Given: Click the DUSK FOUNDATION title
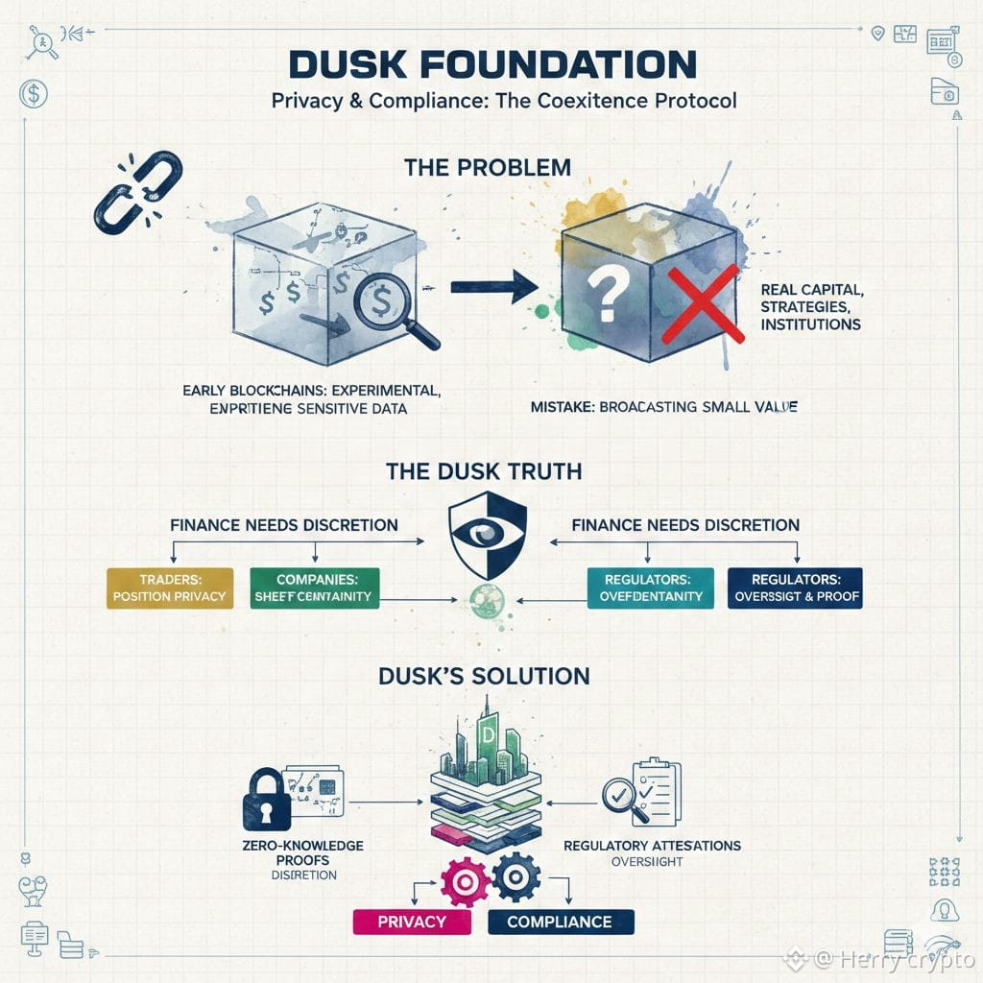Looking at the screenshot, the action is pyautogui.click(x=492, y=65).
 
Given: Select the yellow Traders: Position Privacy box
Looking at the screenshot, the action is pyautogui.click(x=169, y=587).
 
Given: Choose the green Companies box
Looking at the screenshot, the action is pyautogui.click(x=315, y=587).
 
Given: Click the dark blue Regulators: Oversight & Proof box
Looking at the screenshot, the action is pyautogui.click(x=794, y=587).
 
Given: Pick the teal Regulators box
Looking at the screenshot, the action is pyautogui.click(x=651, y=587).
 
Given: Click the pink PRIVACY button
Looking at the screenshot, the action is pyautogui.click(x=412, y=922).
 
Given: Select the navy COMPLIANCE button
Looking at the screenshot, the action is pyautogui.click(x=560, y=922).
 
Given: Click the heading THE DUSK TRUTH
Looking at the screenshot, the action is pyautogui.click(x=484, y=471).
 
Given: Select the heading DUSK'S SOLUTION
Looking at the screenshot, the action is pyautogui.click(x=484, y=676).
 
